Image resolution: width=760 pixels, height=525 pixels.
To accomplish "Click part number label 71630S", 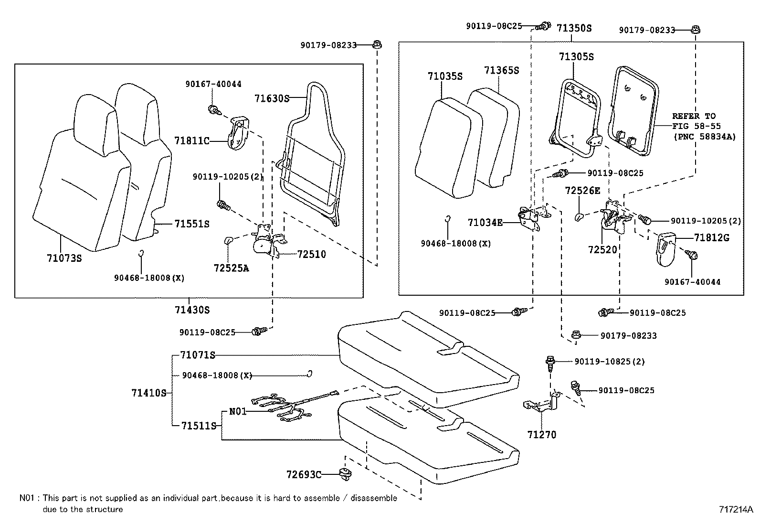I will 272,98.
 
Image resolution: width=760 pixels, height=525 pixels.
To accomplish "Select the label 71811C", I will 192,141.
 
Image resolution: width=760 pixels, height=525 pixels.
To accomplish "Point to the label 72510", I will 311,255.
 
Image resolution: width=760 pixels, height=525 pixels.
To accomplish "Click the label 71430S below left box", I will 192,310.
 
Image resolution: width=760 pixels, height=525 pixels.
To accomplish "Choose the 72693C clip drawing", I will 343,474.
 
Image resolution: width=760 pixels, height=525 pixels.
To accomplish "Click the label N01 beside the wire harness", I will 238,411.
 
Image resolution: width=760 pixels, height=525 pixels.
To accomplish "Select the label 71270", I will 542,435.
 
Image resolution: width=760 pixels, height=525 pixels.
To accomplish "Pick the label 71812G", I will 711,237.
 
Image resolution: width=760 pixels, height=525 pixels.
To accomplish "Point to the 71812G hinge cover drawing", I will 665,248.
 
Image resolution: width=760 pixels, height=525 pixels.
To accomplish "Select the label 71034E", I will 485,222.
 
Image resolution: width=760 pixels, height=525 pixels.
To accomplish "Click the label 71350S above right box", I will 574,28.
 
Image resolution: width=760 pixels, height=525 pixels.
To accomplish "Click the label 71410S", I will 148,393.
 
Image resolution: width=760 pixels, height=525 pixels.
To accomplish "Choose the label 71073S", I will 64,258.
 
